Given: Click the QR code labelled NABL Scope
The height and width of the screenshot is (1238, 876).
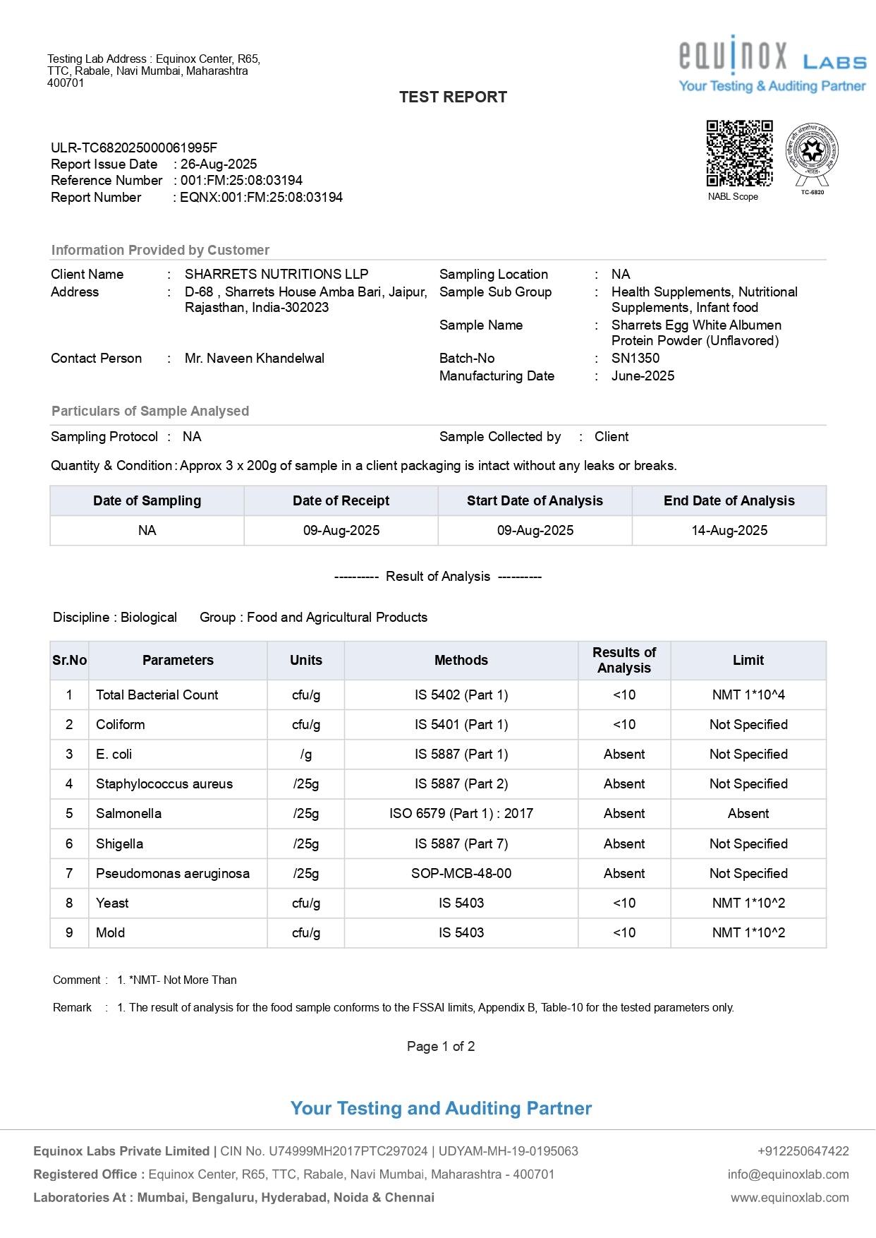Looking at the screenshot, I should (x=739, y=153).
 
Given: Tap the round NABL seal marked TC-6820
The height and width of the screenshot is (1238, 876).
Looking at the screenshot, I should (x=812, y=152).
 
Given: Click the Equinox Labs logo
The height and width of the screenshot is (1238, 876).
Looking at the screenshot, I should (x=772, y=64).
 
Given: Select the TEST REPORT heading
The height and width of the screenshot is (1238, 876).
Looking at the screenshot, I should (x=453, y=97).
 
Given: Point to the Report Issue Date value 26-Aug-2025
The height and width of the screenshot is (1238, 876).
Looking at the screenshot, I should (x=219, y=164).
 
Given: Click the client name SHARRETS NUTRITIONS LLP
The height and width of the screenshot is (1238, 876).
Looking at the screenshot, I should (x=276, y=275).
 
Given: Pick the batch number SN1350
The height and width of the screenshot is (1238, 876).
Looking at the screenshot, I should (x=635, y=359).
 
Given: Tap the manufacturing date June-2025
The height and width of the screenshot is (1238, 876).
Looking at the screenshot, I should (x=643, y=376).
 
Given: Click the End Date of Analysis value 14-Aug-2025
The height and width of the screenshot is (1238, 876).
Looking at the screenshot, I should (x=729, y=531).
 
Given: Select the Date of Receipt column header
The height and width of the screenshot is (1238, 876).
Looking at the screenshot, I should (x=341, y=501).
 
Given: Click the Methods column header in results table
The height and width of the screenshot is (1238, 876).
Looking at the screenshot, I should (x=461, y=661).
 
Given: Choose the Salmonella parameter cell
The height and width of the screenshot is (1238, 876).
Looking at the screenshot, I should (x=129, y=814).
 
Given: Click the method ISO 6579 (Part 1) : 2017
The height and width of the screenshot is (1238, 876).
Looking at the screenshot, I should (x=461, y=814).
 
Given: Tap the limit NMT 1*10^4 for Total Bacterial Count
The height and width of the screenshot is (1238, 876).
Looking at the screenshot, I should (x=748, y=695).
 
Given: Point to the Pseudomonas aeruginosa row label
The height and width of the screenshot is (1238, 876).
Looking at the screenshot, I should (x=173, y=874).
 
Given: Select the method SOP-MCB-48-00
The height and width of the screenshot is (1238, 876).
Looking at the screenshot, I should (x=461, y=874).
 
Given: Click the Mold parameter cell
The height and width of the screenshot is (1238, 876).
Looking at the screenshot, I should (x=111, y=933).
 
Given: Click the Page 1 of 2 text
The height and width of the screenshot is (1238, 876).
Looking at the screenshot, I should (x=441, y=1047).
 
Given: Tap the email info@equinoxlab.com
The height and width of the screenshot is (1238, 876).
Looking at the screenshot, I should (x=788, y=1174).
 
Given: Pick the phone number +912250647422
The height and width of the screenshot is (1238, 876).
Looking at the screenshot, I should (x=803, y=1151).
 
